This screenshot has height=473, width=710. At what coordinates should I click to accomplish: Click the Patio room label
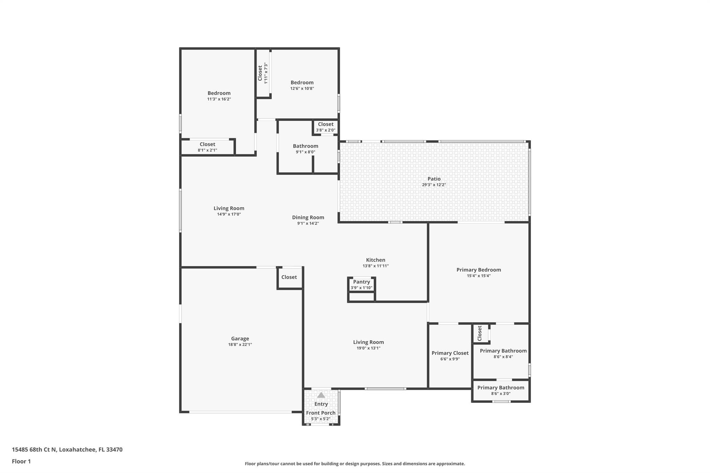[x=434, y=179]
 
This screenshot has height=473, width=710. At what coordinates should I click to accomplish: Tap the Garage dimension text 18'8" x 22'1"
[x=240, y=345]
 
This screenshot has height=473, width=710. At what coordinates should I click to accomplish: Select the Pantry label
[x=361, y=282]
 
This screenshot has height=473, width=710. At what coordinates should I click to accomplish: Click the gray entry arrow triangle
[x=321, y=395]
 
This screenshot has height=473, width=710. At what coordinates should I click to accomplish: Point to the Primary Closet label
[x=450, y=353]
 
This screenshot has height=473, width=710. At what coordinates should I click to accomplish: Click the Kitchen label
[x=375, y=260]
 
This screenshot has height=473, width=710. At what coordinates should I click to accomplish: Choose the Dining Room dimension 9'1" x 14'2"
[x=308, y=224]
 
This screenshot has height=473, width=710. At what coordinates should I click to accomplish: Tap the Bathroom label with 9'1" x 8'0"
[x=305, y=146]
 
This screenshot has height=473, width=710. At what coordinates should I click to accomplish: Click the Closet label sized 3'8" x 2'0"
[x=326, y=124]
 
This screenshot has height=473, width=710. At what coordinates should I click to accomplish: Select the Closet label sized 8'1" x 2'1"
[x=207, y=144]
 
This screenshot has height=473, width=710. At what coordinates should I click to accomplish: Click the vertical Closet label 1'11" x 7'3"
[x=260, y=73]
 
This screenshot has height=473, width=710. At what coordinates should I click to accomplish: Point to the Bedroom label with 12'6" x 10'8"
[x=302, y=82]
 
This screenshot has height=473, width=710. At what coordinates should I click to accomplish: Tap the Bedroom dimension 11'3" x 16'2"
[x=219, y=99]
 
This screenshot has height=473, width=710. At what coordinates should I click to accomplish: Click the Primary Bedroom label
[x=478, y=270]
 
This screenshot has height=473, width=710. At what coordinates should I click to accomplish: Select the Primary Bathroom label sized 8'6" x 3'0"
[x=501, y=388]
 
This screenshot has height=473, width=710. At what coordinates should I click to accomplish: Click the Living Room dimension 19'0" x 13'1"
[x=368, y=348]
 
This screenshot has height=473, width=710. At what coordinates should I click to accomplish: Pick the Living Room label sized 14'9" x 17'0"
[x=229, y=208]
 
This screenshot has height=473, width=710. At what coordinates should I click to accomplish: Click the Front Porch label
[x=321, y=413]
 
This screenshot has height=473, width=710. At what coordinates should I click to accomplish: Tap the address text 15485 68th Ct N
[x=34, y=449]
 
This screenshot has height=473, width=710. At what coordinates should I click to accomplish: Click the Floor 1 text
[x=21, y=461]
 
